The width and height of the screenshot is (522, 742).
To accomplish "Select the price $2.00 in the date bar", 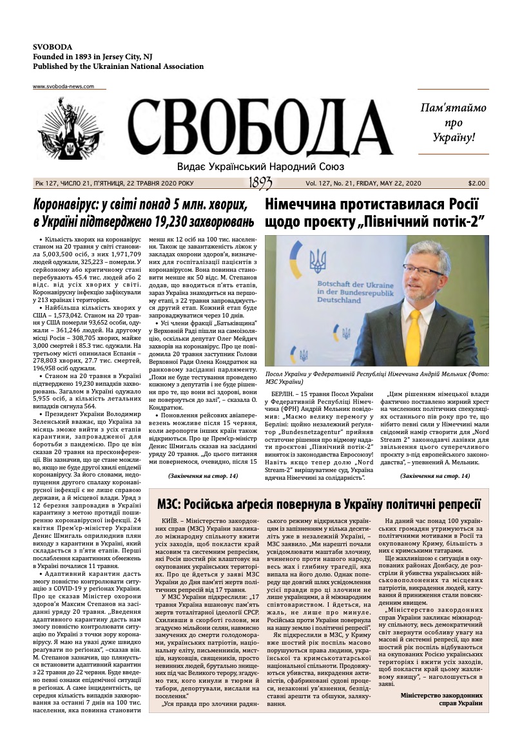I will (x=477, y=184).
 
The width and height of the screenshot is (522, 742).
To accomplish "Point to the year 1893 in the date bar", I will (x=260, y=184).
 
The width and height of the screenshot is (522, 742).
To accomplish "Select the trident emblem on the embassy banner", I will (x=317, y=262).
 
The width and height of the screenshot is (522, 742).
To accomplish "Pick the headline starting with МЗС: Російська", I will (x=319, y=503).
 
